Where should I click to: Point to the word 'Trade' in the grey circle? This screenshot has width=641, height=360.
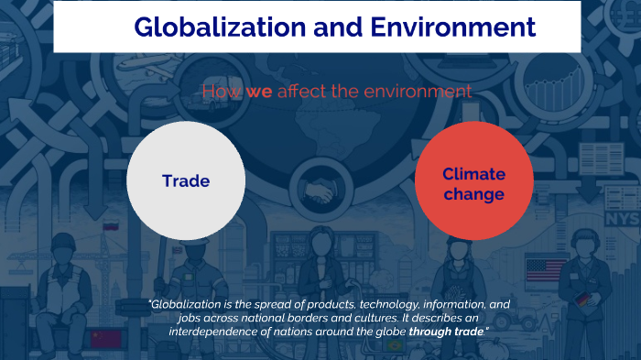pos(186,181)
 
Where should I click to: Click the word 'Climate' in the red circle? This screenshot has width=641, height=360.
pos(473,174)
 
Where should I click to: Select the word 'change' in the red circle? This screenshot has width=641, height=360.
pos(473,194)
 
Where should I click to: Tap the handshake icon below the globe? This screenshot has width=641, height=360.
pos(319,191)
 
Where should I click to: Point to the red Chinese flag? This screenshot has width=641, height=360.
pos(107,339)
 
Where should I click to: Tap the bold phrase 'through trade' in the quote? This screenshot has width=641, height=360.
pos(448,330)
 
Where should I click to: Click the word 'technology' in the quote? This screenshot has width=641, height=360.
pos(333,304)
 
